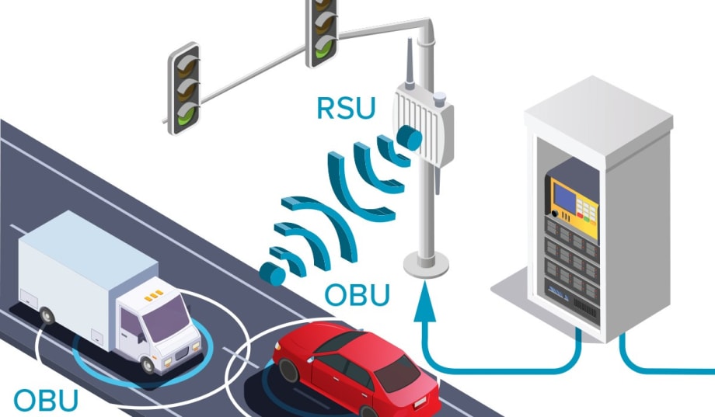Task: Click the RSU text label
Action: click(x=345, y=108)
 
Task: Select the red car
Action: click(x=354, y=369)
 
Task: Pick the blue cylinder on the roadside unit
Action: click(x=409, y=138)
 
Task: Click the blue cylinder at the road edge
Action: click(x=271, y=273)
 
